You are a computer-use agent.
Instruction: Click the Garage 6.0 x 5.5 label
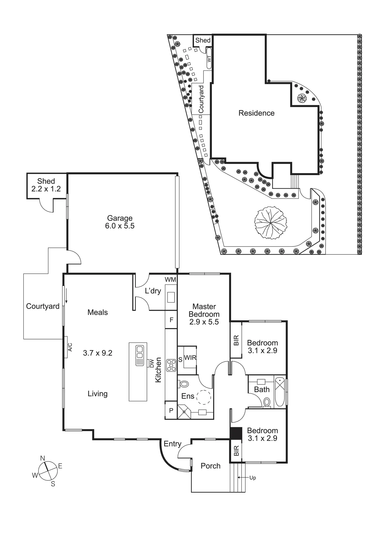pyautogui.click(x=120, y=222)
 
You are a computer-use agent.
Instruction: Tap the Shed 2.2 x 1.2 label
pyautogui.click(x=46, y=185)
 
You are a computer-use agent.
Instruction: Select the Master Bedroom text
pyautogui.click(x=204, y=310)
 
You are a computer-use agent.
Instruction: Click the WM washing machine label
pyautogui.click(x=170, y=279)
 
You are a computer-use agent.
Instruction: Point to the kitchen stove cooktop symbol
pyautogui.click(x=171, y=365)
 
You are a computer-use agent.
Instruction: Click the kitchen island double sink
pyautogui.click(x=140, y=356)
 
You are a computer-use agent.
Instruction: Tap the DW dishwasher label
pyautogui.click(x=151, y=363)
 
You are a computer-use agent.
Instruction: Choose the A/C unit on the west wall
pyautogui.click(x=66, y=347)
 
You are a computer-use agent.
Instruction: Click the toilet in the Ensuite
pyautogui.click(x=184, y=384)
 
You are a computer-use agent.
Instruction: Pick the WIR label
pyautogui.click(x=190, y=358)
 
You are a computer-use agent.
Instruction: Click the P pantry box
pyautogui.click(x=171, y=410)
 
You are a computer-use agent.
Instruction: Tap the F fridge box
pyautogui.click(x=171, y=320)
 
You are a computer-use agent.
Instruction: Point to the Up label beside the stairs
pyautogui.click(x=252, y=478)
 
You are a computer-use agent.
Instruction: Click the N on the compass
pyautogui.click(x=43, y=458)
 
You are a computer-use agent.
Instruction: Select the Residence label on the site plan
pyautogui.click(x=256, y=113)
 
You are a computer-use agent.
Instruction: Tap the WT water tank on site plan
pyautogui.click(x=209, y=58)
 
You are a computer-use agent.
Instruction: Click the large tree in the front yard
pyautogui.click(x=271, y=222)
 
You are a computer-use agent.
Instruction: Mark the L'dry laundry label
pyautogui.click(x=153, y=291)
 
